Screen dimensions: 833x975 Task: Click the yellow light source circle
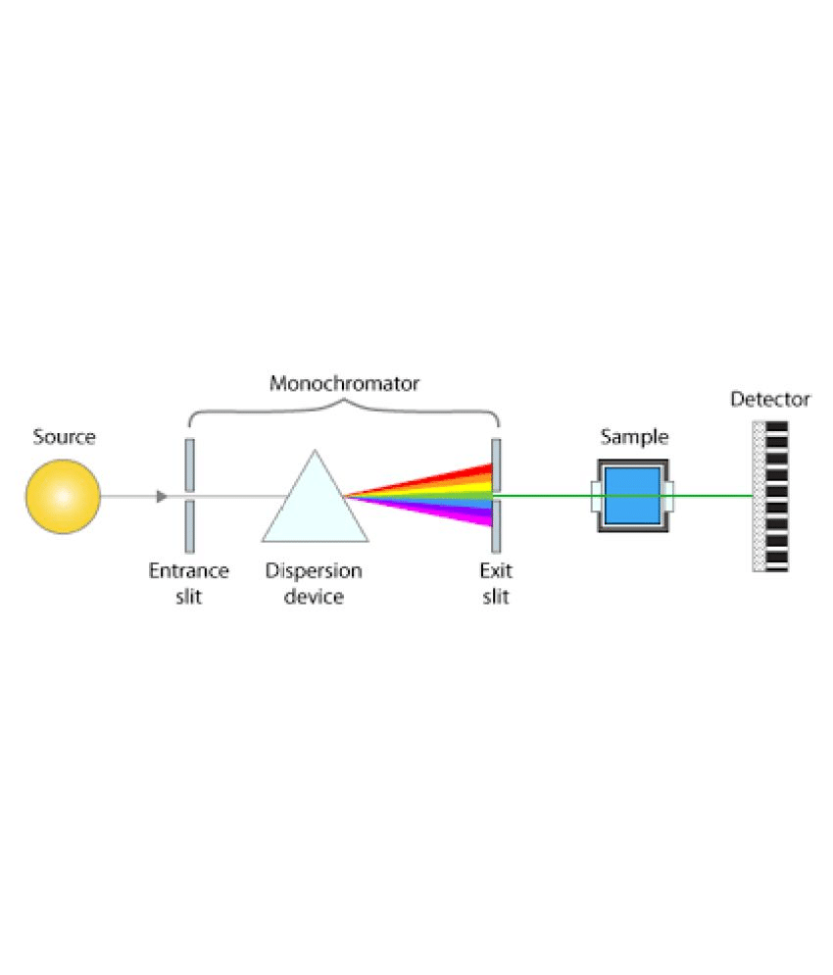click(x=63, y=496)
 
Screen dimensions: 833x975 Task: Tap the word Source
click(x=64, y=436)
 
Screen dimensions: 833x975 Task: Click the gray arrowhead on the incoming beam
click(x=162, y=496)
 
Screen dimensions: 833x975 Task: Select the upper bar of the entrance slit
click(x=190, y=465)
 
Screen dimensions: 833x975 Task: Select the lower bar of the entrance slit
click(x=190, y=527)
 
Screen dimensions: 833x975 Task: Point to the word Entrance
click(x=188, y=570)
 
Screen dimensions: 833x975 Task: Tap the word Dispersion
click(x=314, y=570)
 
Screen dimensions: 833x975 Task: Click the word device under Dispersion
click(x=314, y=597)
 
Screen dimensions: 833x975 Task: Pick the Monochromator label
click(x=344, y=383)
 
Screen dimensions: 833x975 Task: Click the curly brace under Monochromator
click(x=344, y=411)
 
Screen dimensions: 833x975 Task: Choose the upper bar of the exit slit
click(x=496, y=465)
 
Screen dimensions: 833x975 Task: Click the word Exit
click(x=496, y=570)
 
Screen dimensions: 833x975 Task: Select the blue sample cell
click(x=633, y=496)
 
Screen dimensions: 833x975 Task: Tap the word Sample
click(x=634, y=436)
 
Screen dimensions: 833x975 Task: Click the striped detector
click(x=770, y=496)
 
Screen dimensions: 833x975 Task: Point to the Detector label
click(x=770, y=399)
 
